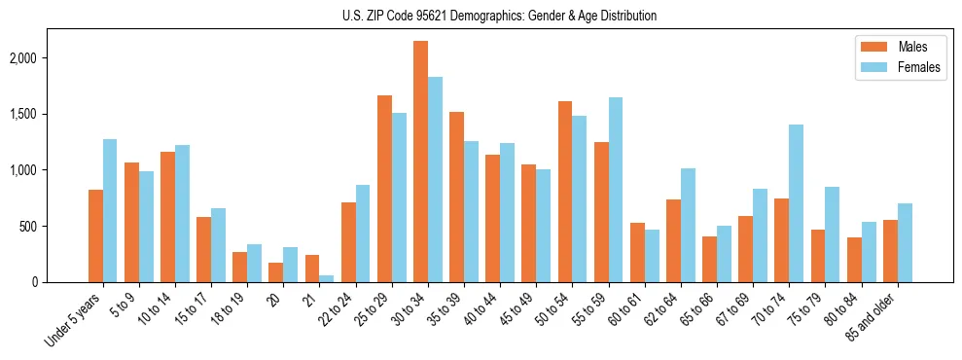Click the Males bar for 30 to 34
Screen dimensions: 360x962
point(420,162)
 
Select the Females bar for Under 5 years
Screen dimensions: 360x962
point(110,210)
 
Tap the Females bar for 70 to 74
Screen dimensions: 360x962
point(796,203)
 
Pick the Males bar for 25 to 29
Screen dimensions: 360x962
point(384,189)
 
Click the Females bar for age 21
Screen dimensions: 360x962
point(326,278)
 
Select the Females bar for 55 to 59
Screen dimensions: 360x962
point(615,190)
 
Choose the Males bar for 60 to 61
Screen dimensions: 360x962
point(637,252)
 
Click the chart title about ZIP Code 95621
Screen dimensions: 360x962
point(499,16)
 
